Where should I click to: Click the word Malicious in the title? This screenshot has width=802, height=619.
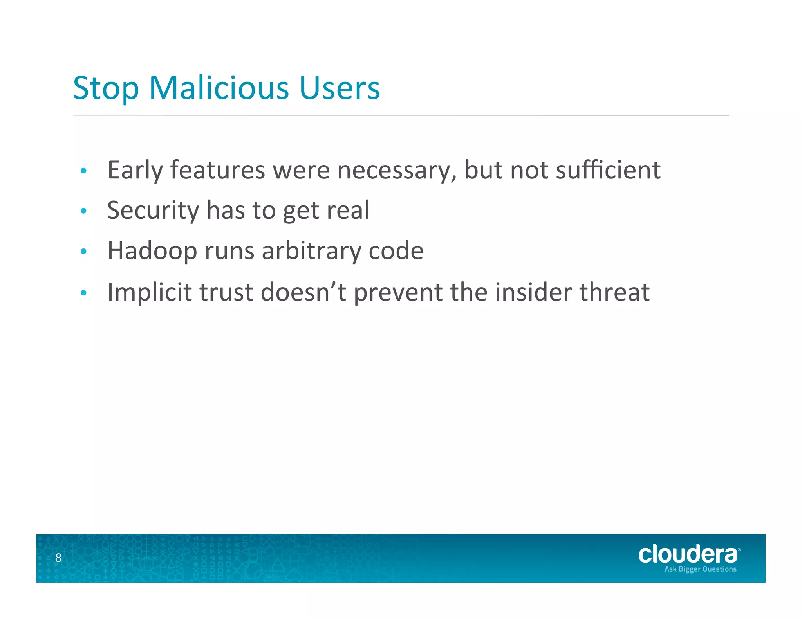click(x=219, y=88)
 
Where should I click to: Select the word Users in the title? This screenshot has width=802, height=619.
click(x=340, y=88)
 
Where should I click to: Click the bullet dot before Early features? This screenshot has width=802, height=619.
click(x=83, y=171)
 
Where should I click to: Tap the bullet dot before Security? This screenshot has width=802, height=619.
click(x=83, y=211)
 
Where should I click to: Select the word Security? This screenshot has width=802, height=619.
click(x=153, y=211)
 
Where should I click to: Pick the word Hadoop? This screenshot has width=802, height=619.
click(x=152, y=251)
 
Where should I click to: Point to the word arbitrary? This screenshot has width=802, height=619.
click(x=311, y=251)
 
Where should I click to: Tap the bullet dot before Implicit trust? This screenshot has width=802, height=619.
click(x=83, y=293)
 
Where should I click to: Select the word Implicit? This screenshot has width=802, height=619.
click(x=150, y=293)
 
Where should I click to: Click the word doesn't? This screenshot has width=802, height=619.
click(x=303, y=292)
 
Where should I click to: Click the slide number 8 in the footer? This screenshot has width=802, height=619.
click(x=58, y=558)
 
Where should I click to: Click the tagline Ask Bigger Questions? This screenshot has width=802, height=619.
click(x=700, y=569)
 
